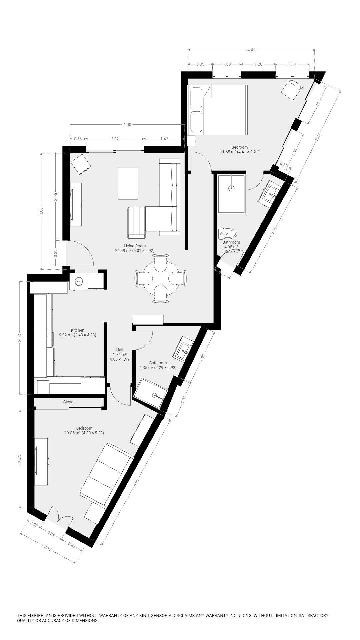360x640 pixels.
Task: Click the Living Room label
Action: point(135,246)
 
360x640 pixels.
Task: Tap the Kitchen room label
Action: point(77,330)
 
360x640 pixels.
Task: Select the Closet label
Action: point(69,402)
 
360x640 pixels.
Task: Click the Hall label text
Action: point(120,350)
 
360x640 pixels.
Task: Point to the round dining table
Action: point(160,279)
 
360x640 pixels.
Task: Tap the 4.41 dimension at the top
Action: point(251,50)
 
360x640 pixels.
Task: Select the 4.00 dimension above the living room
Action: point(127,125)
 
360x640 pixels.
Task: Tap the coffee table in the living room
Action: point(128,184)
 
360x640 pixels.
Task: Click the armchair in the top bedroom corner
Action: point(292,89)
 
